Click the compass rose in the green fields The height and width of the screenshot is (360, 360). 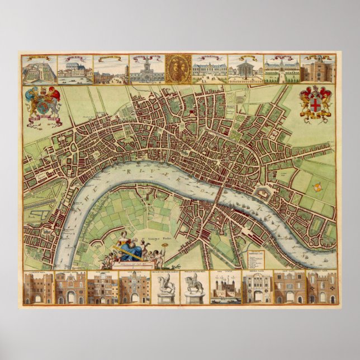[x=317, y=187]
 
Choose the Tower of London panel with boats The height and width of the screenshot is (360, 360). [x=226, y=288]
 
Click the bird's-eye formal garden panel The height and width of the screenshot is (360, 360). [x=39, y=69]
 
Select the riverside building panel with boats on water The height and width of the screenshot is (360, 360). [x=75, y=69]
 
